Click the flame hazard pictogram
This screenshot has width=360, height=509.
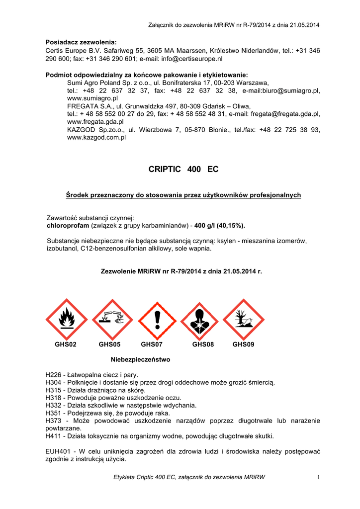67,320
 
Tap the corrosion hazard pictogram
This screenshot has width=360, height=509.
112,320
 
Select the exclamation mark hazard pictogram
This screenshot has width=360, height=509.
158,320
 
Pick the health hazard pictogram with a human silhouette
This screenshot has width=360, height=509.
199,320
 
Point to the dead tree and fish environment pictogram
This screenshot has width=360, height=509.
243,320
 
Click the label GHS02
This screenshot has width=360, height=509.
66,344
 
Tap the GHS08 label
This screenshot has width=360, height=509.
203,344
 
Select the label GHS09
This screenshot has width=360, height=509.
243,344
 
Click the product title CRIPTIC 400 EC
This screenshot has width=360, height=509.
183,170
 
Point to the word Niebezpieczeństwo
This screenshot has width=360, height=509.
140,359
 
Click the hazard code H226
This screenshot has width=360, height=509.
53,375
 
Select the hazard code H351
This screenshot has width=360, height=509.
53,413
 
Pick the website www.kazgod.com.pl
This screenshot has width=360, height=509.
96,137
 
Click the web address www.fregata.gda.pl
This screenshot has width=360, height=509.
95,121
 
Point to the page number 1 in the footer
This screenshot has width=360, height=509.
317,478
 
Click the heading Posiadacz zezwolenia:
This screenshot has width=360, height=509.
81,42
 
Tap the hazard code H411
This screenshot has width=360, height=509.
53,436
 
